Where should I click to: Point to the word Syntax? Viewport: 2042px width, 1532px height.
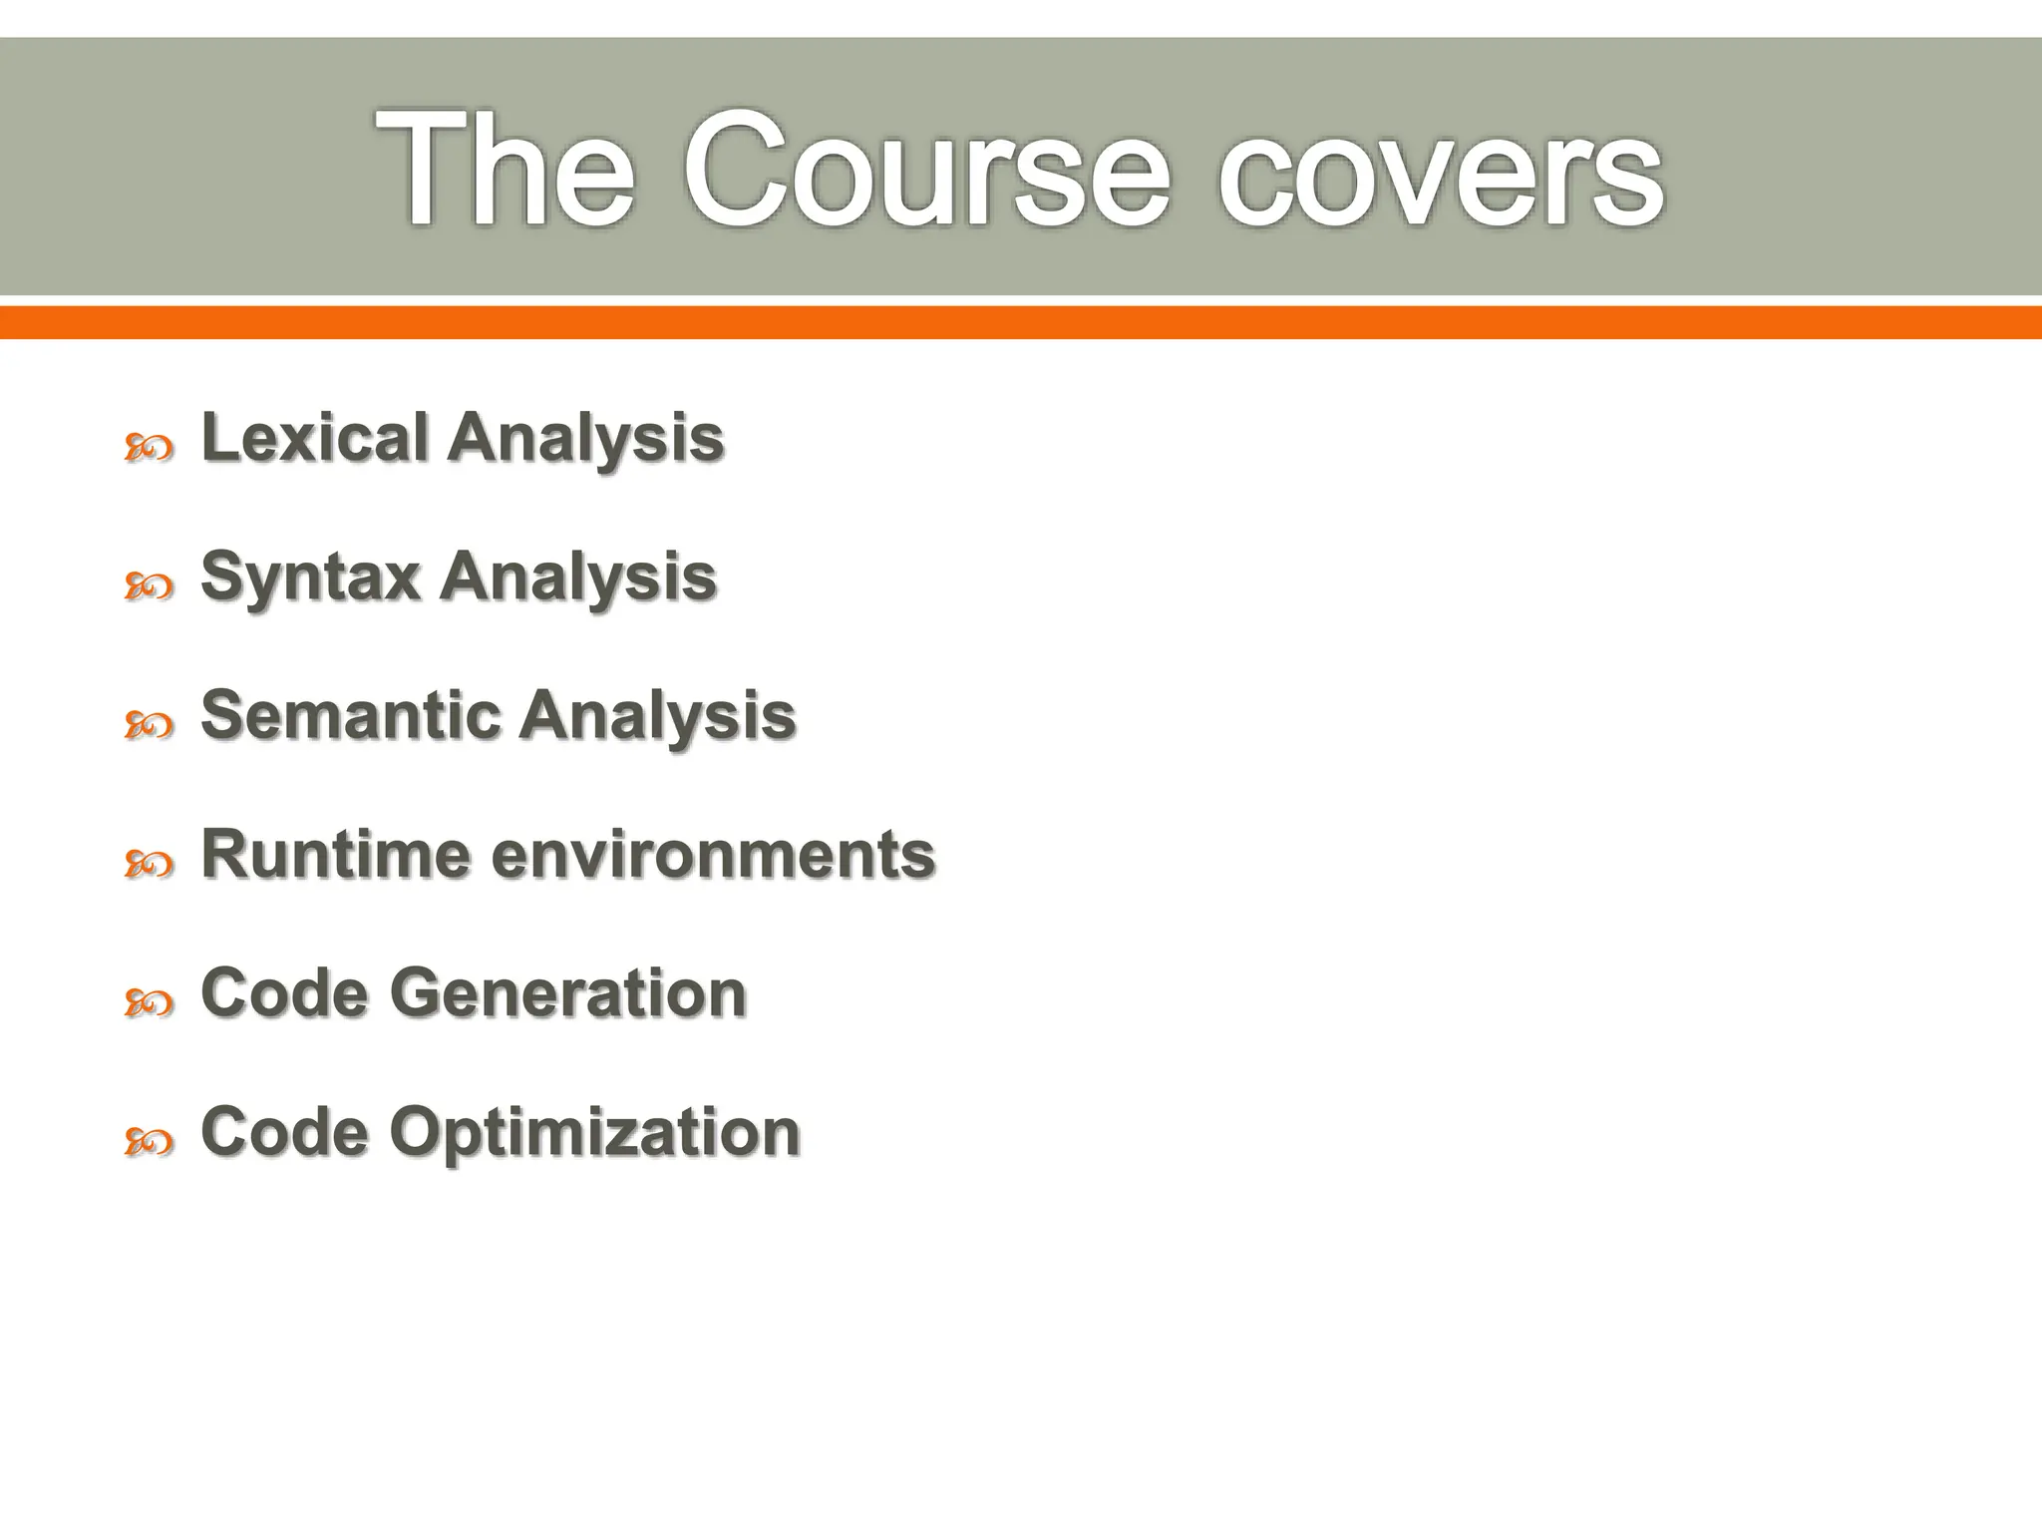(x=310, y=578)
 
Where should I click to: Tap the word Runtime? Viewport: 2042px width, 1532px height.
(x=336, y=855)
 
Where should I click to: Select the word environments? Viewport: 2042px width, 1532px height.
(x=714, y=855)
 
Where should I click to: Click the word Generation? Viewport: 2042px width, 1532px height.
(x=568, y=993)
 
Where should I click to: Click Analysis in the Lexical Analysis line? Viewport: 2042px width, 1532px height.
(x=585, y=439)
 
